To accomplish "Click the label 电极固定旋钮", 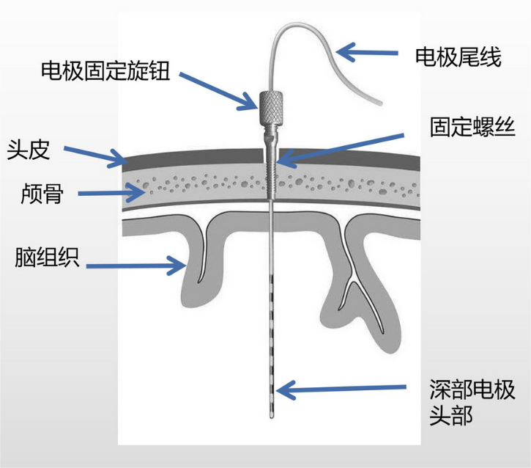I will (x=106, y=70).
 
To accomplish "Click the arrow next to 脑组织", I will (x=140, y=262).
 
